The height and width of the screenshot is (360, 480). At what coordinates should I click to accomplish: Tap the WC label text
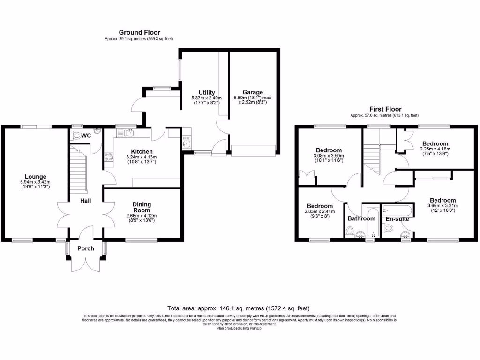tap(86, 135)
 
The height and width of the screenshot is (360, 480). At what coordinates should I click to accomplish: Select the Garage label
tap(253, 92)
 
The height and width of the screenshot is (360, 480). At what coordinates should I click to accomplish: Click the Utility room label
tap(207, 92)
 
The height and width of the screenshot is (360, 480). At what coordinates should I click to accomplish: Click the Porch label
tap(86, 248)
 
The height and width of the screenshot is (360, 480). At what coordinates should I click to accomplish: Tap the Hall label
tap(85, 201)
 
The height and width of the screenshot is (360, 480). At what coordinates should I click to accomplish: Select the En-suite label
tap(397, 219)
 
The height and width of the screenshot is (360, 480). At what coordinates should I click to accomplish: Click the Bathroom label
tap(361, 218)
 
